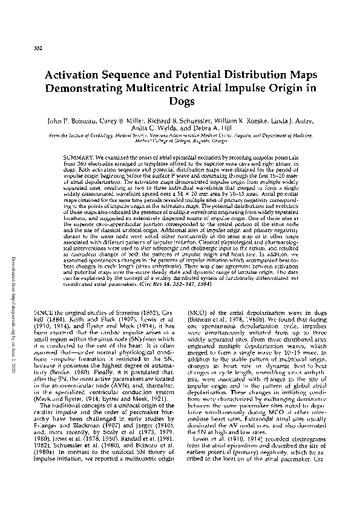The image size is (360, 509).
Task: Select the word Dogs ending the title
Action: [180, 103]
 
